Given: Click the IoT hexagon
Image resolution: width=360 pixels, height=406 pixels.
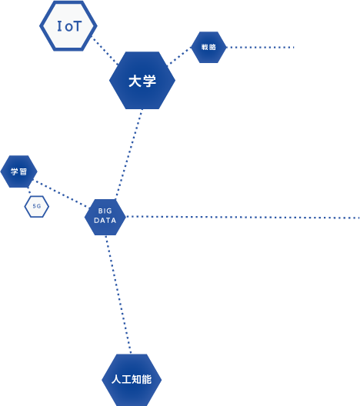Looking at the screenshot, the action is coord(68,26).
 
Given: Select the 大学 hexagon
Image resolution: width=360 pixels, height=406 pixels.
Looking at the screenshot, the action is coord(142,80).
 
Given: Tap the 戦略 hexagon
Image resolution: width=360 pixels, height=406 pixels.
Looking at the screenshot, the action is coord(208,47).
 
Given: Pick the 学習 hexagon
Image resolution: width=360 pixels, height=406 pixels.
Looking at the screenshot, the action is coord(18,171).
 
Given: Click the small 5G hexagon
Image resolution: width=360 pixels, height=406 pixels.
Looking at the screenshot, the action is coord(36,206).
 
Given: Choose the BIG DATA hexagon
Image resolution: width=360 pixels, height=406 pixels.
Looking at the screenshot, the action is coord(105,217).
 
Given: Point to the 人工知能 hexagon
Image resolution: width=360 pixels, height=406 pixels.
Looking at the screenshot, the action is coord(132,380).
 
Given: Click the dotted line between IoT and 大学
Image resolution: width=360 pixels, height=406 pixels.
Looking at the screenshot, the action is coord(105,52).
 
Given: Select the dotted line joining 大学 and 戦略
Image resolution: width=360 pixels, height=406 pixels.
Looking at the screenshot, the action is coord(179,56).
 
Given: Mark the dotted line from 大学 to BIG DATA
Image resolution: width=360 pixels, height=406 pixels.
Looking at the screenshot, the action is coord(129,154).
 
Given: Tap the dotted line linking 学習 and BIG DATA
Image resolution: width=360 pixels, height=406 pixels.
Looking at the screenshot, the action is coord(61,194).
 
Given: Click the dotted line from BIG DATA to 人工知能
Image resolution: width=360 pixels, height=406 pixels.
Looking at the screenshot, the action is coord(118,295).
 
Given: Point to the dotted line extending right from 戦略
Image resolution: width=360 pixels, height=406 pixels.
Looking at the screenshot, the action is coord(260,48).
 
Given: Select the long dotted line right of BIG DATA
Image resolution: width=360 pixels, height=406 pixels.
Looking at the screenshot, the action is coord(242,218).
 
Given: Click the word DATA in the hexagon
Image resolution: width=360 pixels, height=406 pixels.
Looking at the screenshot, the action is coord(105,221).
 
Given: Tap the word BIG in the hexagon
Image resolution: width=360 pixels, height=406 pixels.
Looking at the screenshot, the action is coord(105,211).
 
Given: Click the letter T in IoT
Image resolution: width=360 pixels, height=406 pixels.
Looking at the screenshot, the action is coord(76,26).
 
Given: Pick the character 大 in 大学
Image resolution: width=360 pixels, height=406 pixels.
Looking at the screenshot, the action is coord(135,81).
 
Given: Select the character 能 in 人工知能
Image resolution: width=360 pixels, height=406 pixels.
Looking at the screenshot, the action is coord(147,379).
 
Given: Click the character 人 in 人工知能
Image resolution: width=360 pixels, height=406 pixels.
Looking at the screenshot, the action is coord(116,379).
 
